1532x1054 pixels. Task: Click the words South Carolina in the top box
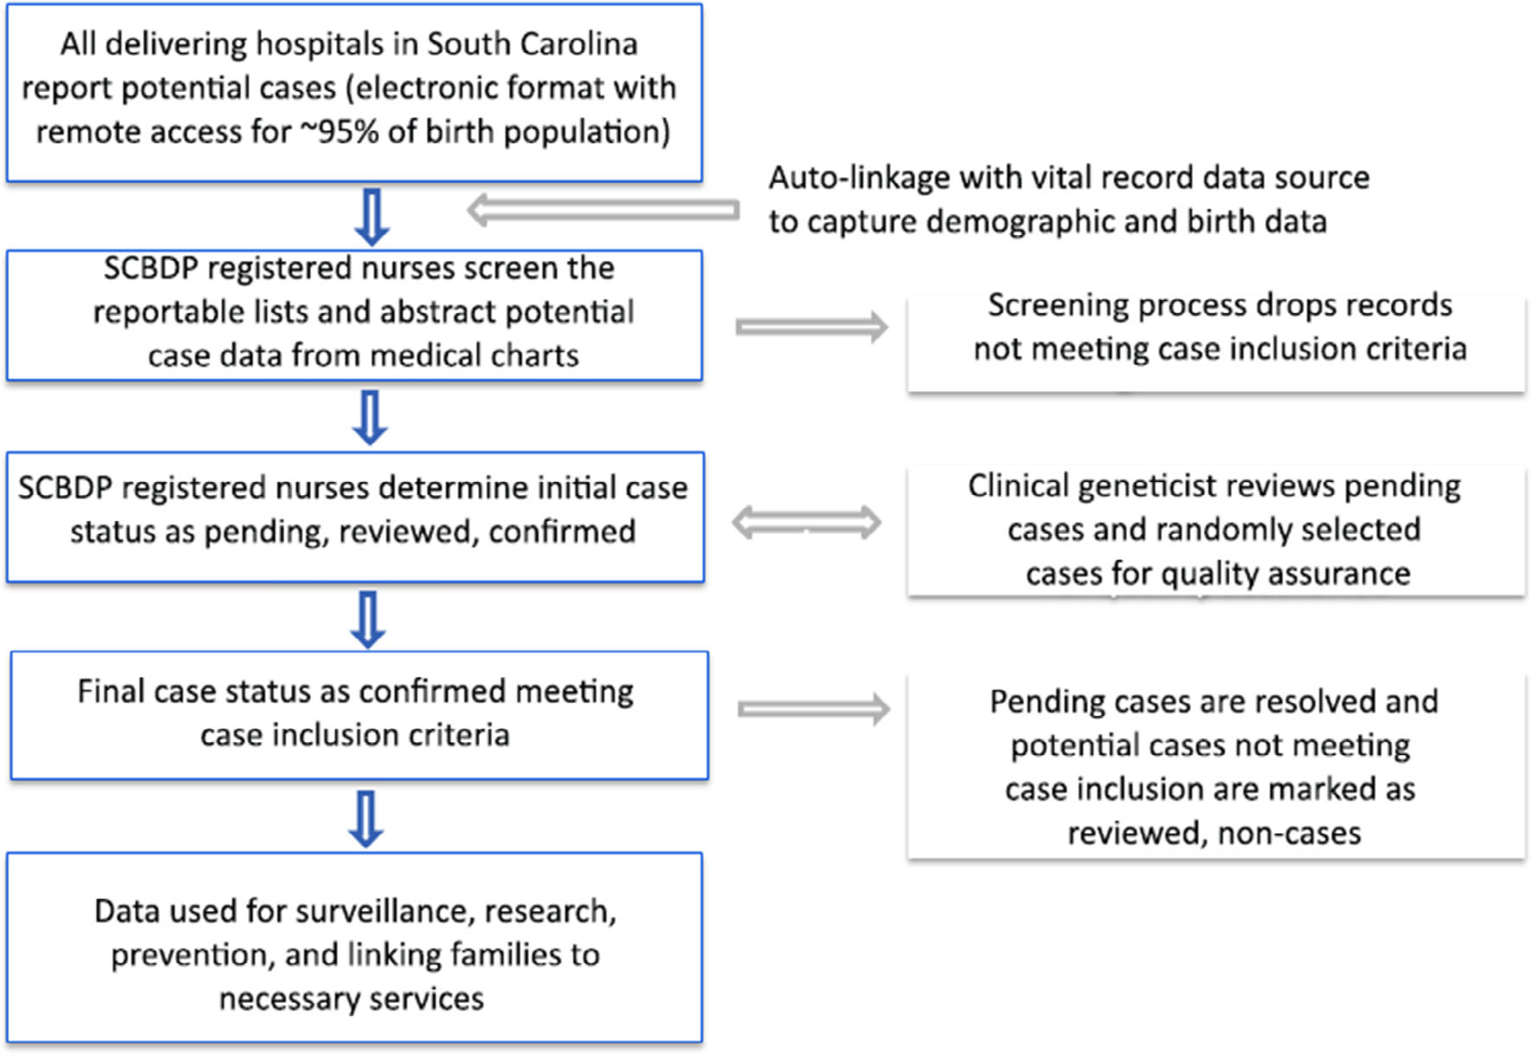(532, 44)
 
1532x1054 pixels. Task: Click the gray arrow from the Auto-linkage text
(603, 210)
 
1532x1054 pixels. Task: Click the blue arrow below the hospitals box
(372, 217)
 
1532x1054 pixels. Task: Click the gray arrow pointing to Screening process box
(811, 327)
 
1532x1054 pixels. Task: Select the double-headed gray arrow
(806, 523)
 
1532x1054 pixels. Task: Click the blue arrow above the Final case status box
(368, 619)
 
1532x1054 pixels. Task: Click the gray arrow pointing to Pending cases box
(813, 709)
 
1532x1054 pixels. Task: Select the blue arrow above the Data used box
(366, 819)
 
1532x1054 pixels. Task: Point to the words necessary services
(351, 1000)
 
